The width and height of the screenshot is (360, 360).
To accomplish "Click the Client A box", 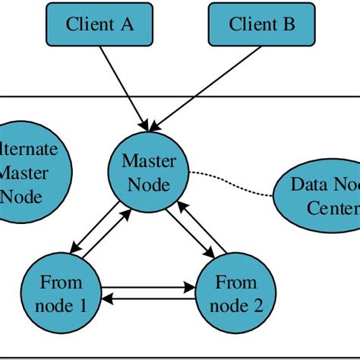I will pyautogui.click(x=100, y=24).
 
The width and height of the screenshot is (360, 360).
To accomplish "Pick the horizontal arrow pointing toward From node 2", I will pyautogui.click(x=148, y=288).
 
